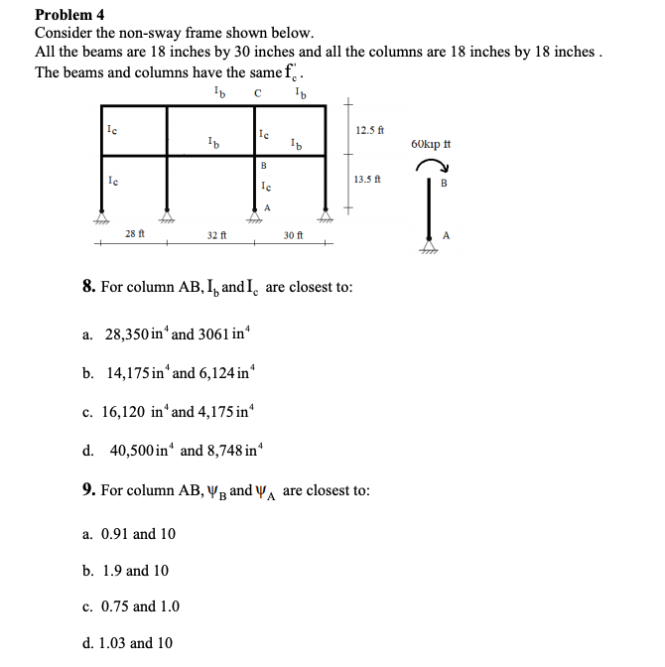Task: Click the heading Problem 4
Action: (69, 15)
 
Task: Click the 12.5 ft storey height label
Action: (367, 130)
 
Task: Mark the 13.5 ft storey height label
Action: (367, 179)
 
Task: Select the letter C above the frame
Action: (258, 93)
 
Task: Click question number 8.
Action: (88, 287)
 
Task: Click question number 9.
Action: (88, 490)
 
